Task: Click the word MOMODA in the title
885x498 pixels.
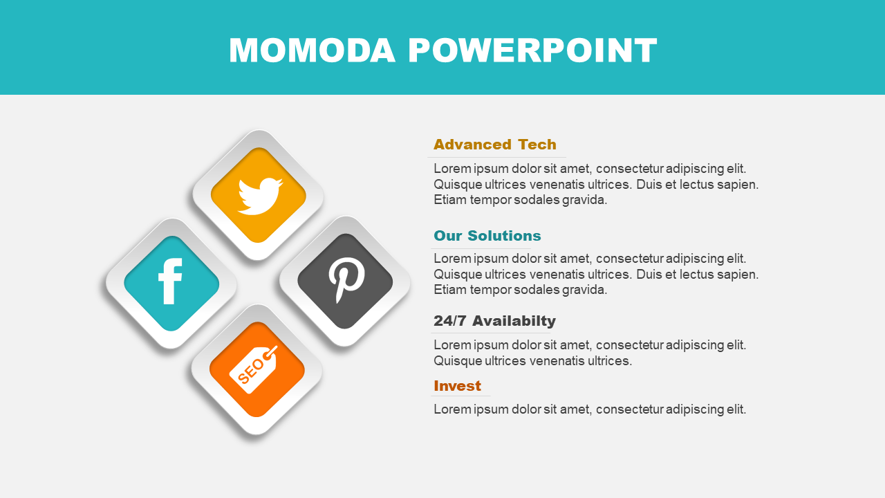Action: click(312, 50)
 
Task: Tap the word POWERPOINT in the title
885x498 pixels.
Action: click(532, 50)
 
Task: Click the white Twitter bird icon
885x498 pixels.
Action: click(260, 196)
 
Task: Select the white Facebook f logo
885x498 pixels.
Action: click(170, 282)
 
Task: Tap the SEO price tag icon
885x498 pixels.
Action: click(254, 369)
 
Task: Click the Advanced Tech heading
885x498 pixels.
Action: click(495, 145)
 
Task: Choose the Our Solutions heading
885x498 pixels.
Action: click(487, 236)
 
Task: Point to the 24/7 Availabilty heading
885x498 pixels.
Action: click(494, 321)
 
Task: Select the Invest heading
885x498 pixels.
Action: click(458, 386)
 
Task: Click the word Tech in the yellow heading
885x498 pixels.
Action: click(537, 145)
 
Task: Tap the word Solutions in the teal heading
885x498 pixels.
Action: click(505, 236)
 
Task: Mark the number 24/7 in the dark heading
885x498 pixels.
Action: click(450, 321)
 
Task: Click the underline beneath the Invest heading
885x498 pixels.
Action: click(460, 396)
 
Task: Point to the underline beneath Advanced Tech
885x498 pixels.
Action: click(497, 157)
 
